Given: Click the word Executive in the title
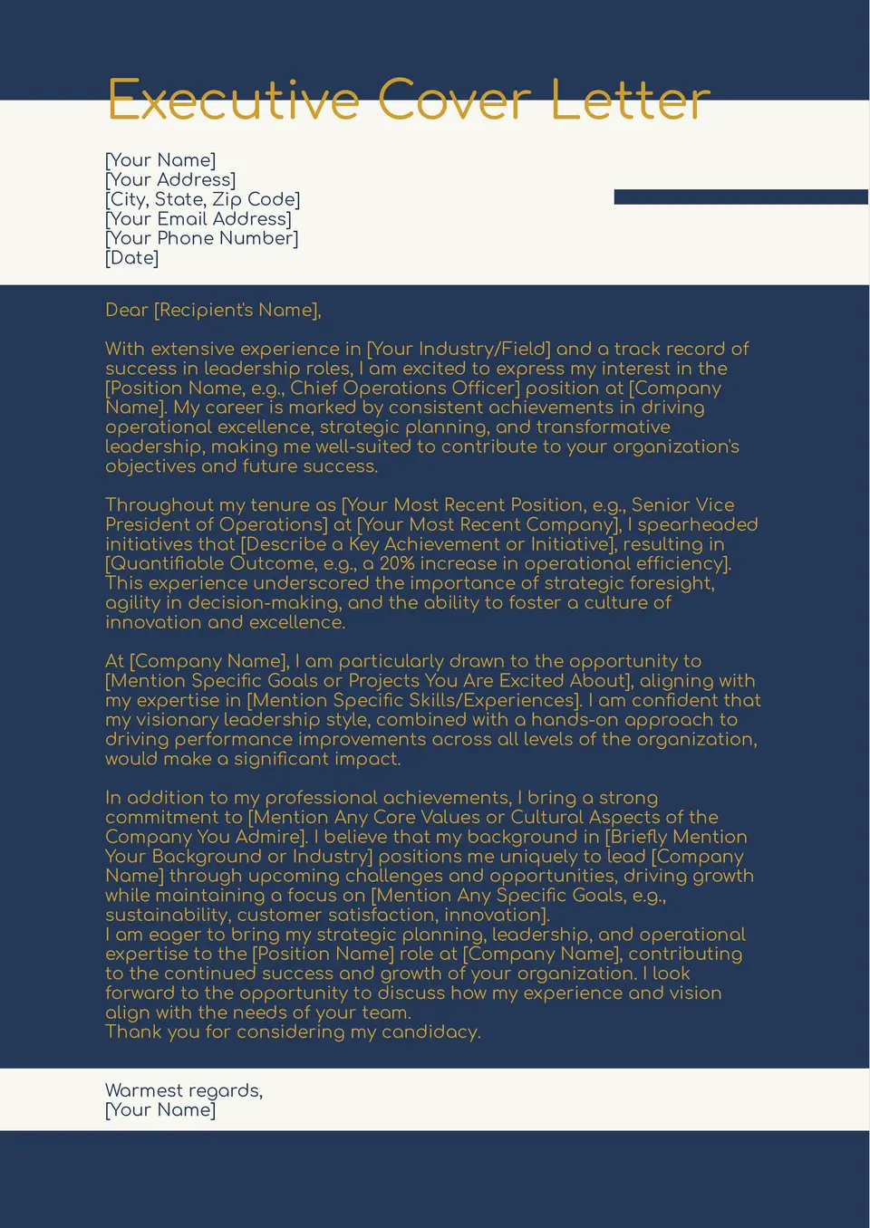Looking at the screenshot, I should pyautogui.click(x=234, y=101).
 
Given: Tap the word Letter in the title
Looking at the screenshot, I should pyautogui.click(x=630, y=101).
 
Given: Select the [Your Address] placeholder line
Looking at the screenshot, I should pyautogui.click(x=170, y=180).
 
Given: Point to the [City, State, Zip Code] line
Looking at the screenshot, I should pyautogui.click(x=202, y=199).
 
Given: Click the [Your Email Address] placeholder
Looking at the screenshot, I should pyautogui.click(x=198, y=219).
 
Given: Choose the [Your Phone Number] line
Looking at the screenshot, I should pyautogui.click(x=201, y=238).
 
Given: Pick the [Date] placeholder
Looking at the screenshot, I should pyautogui.click(x=132, y=258).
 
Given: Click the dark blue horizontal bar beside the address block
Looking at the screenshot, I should pyautogui.click(x=740, y=197).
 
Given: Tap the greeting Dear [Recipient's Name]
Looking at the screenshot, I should pyautogui.click(x=213, y=311).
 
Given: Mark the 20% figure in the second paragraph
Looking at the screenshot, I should pyautogui.click(x=397, y=563).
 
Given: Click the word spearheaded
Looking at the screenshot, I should pyautogui.click(x=699, y=524).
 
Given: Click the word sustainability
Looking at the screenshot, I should pyautogui.click(x=166, y=916).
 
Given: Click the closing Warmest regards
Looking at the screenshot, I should pyautogui.click(x=184, y=1090).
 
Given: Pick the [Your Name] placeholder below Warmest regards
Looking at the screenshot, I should pyautogui.click(x=160, y=1110).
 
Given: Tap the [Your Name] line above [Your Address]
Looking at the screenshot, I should pyautogui.click(x=160, y=160).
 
